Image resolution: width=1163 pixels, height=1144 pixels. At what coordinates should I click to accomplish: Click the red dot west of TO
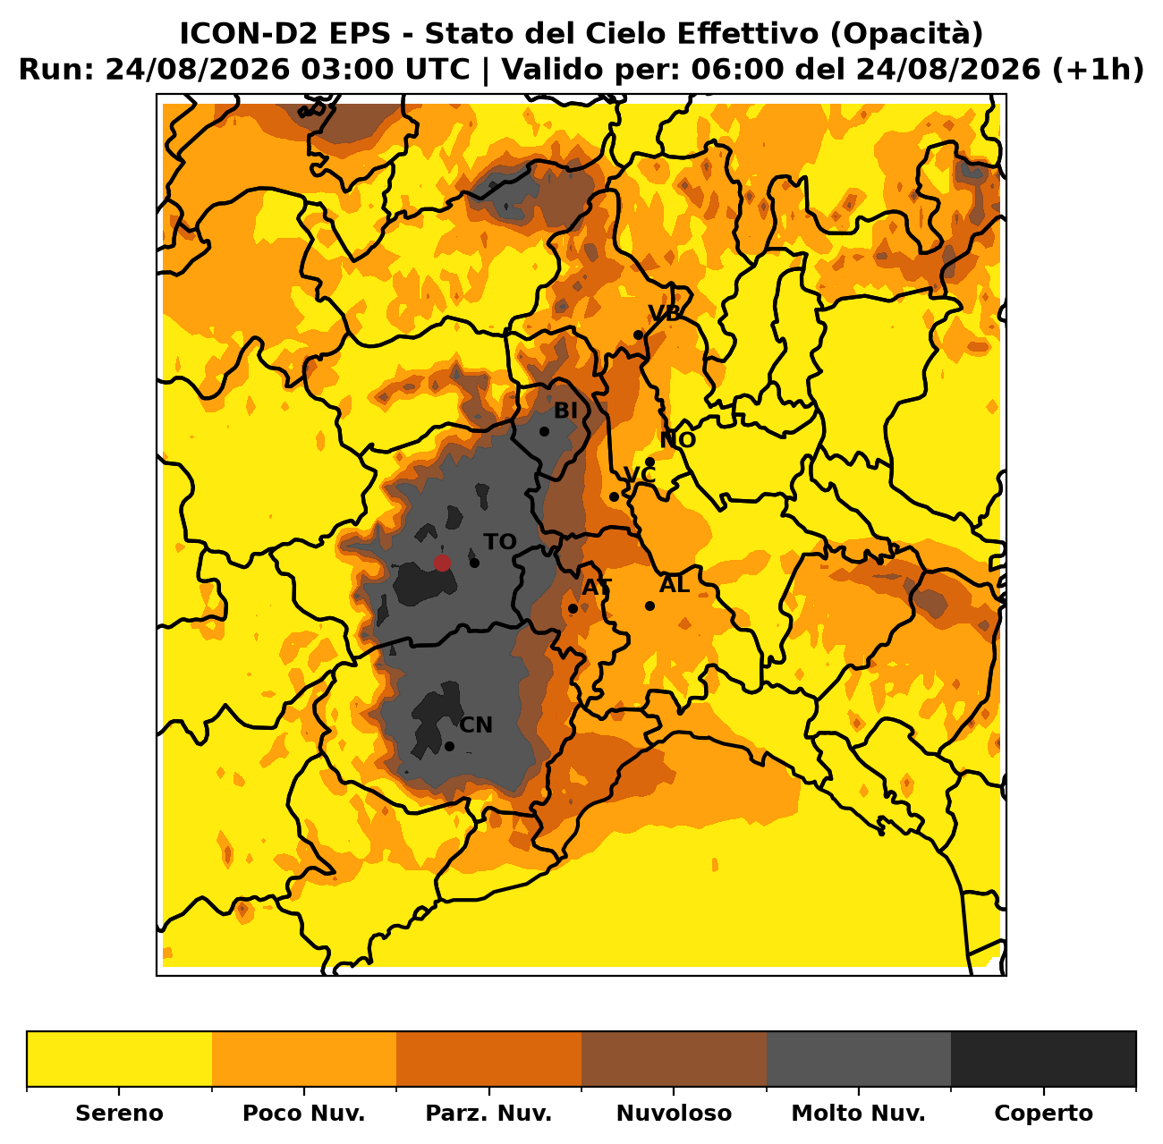442,564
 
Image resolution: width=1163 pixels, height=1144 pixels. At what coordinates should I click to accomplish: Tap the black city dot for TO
474,564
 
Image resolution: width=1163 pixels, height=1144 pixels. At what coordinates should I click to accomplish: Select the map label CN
476,725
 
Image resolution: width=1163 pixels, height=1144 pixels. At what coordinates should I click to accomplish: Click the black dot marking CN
450,747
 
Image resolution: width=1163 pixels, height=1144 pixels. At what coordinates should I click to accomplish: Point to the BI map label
565,411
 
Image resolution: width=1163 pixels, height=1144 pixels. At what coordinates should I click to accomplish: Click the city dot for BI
544,432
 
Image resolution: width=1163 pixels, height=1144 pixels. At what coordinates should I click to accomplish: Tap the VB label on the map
664,313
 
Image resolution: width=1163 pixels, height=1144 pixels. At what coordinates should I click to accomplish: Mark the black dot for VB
638,335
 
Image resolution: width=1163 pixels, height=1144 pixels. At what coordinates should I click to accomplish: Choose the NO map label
678,440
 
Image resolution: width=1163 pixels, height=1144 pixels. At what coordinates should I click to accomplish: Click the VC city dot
614,496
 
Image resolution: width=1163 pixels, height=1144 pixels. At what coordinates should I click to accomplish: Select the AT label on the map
597,588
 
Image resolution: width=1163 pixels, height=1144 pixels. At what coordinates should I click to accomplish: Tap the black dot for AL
650,606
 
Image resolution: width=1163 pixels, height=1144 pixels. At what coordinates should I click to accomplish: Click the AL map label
675,584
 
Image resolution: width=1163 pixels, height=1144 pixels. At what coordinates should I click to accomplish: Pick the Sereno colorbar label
120,1114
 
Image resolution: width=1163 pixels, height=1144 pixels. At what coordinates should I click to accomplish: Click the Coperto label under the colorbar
1043,1114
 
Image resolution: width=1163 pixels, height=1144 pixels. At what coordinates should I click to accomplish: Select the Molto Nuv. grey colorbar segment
859,1059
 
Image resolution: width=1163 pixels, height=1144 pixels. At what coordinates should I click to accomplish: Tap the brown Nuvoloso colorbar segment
675,1059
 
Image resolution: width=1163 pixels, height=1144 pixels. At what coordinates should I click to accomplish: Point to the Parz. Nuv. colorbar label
488,1114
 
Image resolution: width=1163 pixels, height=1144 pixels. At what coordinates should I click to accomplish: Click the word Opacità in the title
906,34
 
